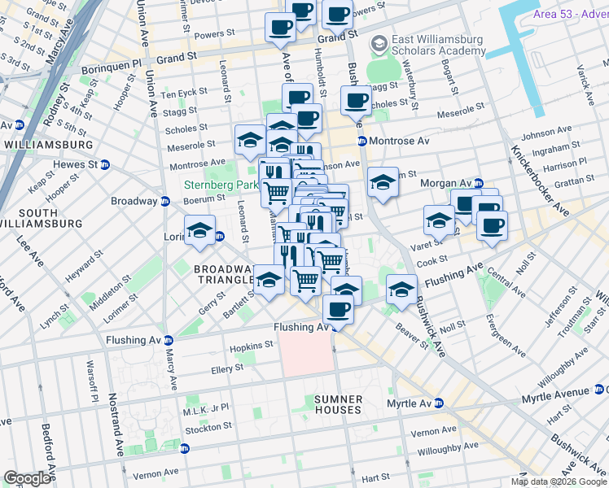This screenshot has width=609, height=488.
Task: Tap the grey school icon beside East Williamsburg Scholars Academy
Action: pyautogui.click(x=377, y=42)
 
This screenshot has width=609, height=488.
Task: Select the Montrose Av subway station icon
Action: pyautogui.click(x=361, y=141)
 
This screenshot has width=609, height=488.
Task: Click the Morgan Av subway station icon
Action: pyautogui.click(x=479, y=183)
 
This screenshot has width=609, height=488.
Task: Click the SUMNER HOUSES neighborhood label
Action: pyautogui.click(x=338, y=404)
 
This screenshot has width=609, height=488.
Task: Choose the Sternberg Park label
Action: pyautogui.click(x=220, y=185)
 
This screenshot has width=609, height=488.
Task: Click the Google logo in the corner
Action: pyautogui.click(x=27, y=478)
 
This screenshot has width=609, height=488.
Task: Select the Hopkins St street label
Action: pyautogui.click(x=250, y=346)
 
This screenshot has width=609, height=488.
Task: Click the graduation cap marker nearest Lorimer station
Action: pyautogui.click(x=199, y=230)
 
